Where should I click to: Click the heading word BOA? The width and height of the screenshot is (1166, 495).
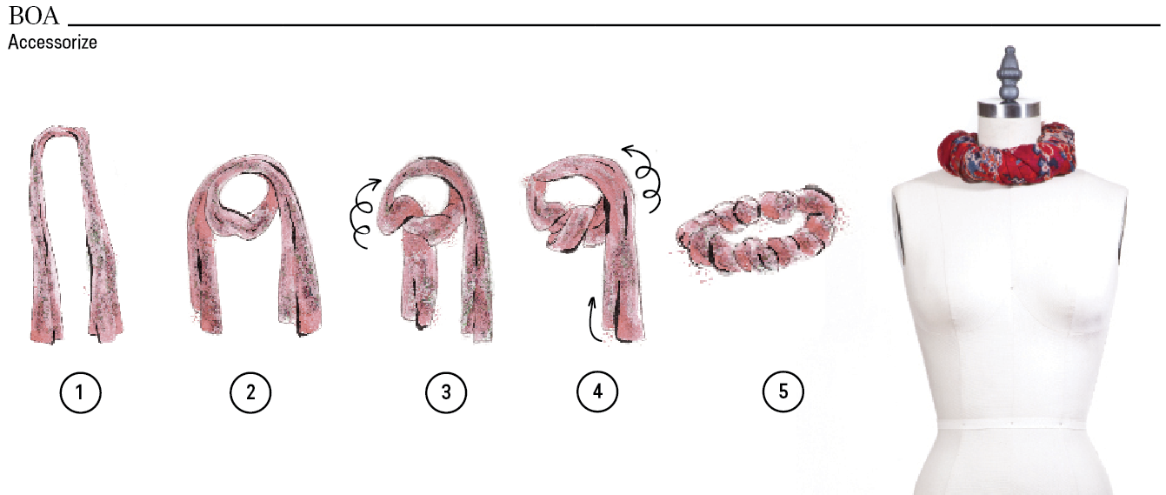click(x=34, y=16)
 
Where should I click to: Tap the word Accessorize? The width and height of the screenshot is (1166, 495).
click(x=52, y=43)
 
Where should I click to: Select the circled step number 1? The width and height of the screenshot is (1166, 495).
click(x=80, y=392)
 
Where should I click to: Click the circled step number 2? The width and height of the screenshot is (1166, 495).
click(x=250, y=392)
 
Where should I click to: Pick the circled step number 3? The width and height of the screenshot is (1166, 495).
click(x=446, y=392)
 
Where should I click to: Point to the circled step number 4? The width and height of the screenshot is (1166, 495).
click(x=597, y=391)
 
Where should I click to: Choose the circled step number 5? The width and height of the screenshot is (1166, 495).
click(x=783, y=391)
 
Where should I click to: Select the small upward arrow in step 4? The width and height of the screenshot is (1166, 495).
click(x=592, y=319)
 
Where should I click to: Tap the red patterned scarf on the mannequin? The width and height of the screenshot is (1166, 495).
click(x=1007, y=153)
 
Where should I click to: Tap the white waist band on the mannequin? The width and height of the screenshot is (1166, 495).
click(x=1011, y=425)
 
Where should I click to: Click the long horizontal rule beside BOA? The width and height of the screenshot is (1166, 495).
click(x=614, y=24)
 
